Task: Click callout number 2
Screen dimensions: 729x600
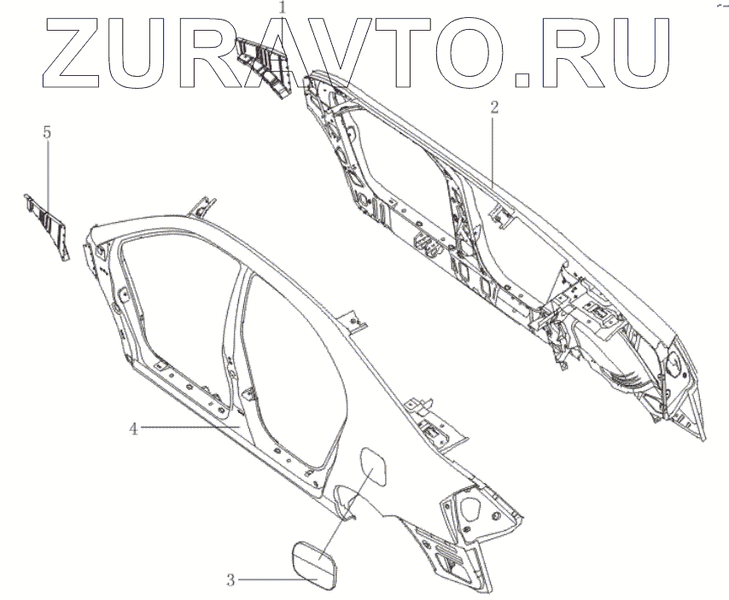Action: tap(493, 107)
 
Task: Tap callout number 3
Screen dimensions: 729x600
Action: tap(230, 580)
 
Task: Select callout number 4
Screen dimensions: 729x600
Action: tap(133, 428)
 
